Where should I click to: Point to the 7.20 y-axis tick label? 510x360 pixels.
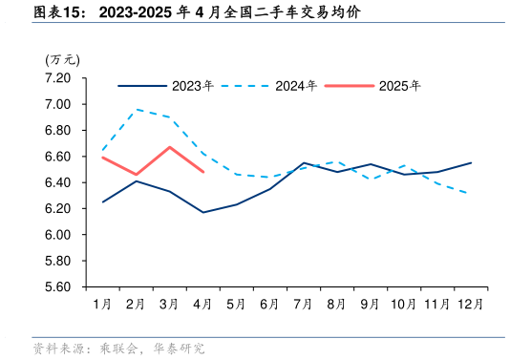[58, 77]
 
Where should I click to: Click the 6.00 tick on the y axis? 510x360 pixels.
[58, 235]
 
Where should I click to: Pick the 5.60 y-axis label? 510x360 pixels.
[58, 286]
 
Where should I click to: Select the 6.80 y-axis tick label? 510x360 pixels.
[58, 130]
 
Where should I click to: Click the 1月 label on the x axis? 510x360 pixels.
[102, 305]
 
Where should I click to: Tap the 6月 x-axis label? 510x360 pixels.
[269, 305]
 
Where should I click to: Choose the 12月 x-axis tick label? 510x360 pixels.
[470, 305]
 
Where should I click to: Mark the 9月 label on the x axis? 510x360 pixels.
[370, 305]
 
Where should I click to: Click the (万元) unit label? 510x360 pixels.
[62, 59]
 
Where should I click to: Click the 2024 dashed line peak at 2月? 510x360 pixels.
[136, 109]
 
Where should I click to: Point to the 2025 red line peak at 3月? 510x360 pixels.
[169, 147]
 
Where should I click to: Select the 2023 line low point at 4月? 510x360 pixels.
[202, 212]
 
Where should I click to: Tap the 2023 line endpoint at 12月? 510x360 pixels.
[470, 162]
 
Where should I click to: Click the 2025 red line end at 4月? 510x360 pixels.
[202, 172]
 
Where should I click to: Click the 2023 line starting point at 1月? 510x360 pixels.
[102, 201]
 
